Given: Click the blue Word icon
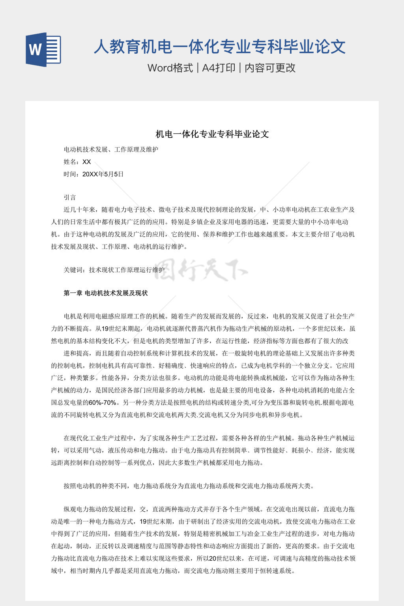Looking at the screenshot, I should (x=43, y=49).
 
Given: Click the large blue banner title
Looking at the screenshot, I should (x=220, y=47).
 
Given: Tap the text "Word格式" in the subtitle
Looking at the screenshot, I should (x=170, y=68).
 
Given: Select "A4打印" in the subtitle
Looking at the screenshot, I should (x=219, y=68).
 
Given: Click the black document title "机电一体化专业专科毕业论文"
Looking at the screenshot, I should (x=212, y=134).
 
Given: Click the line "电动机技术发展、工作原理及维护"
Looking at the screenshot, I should (x=111, y=150).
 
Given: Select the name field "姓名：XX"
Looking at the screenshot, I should (x=77, y=162).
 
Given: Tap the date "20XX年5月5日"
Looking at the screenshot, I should (x=103, y=174).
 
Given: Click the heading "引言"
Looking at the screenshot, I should (x=70, y=197).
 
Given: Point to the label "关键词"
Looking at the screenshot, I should (x=73, y=270).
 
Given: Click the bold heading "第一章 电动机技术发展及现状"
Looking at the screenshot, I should (x=106, y=293).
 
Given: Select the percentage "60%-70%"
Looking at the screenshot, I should (x=103, y=403).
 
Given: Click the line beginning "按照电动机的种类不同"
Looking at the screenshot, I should (x=189, y=486).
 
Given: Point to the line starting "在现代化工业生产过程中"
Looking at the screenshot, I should (x=209, y=438).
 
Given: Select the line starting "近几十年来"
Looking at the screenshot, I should (x=209, y=209).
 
